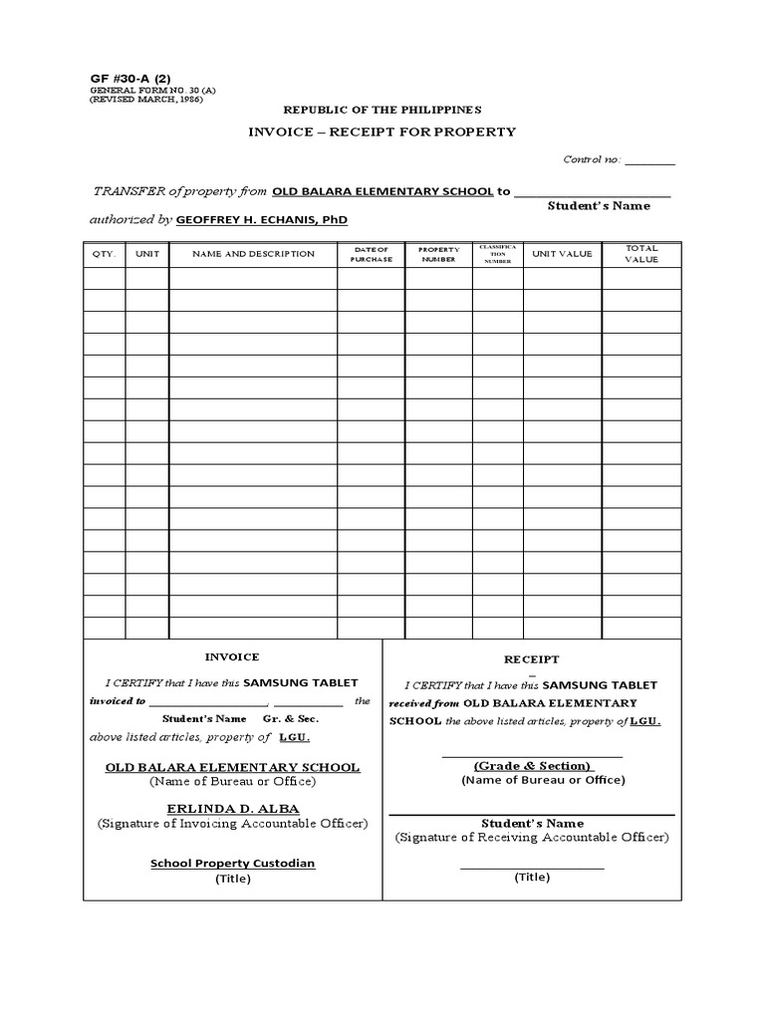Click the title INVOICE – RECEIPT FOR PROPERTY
(x=382, y=132)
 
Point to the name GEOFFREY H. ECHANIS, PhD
(x=262, y=219)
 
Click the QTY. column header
(x=105, y=254)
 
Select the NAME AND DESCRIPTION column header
(x=253, y=254)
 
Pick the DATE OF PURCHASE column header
(x=372, y=254)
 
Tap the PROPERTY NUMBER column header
(x=438, y=254)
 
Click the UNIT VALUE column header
(x=562, y=254)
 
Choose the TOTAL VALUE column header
(x=641, y=254)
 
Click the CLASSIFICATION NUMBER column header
(x=497, y=254)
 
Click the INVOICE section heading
(x=232, y=657)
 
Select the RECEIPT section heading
(x=532, y=659)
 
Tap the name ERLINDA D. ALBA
(x=232, y=809)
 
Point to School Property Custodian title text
(x=232, y=864)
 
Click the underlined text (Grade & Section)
(x=532, y=766)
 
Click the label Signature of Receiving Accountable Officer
(x=532, y=838)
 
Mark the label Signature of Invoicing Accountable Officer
(x=232, y=824)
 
